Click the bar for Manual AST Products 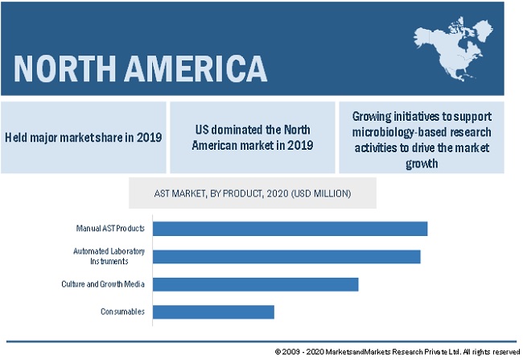[290, 229]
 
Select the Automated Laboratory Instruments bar [286, 256]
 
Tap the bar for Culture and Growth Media [255, 284]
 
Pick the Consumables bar [213, 312]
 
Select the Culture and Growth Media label [103, 284]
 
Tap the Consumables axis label [122, 312]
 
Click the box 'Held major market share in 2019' [83, 137]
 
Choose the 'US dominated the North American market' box [252, 137]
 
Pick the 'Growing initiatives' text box [422, 137]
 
